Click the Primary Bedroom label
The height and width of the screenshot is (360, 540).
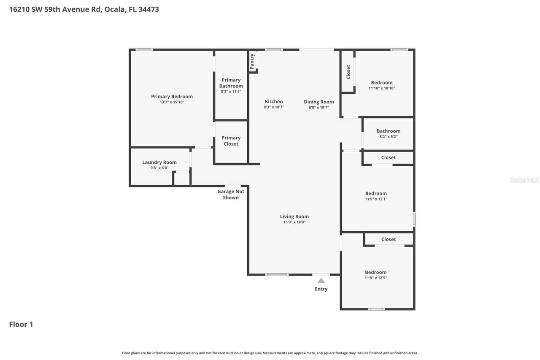click(x=172, y=97)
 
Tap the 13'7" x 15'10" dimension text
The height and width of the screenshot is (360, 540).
click(x=172, y=102)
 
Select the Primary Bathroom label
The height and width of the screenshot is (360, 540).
click(x=231, y=83)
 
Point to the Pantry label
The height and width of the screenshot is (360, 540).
click(x=252, y=62)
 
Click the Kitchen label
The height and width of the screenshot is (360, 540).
click(x=273, y=101)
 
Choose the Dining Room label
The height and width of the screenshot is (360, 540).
click(x=319, y=102)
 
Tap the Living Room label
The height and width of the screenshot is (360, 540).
click(x=294, y=217)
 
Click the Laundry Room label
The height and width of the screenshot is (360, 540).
click(x=159, y=162)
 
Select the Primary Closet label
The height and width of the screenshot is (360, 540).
click(x=231, y=141)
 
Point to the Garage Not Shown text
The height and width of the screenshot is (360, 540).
click(x=231, y=195)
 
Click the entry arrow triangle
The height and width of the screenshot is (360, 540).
click(x=321, y=280)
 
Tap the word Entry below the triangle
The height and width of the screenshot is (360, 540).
click(x=321, y=289)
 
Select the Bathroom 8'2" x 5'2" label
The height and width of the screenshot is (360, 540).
click(x=388, y=131)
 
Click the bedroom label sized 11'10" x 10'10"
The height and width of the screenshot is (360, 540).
click(x=381, y=83)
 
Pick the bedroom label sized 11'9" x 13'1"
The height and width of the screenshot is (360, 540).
click(x=375, y=193)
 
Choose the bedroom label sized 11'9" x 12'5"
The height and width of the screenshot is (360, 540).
click(x=375, y=272)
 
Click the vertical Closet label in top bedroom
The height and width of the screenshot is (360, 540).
click(x=348, y=72)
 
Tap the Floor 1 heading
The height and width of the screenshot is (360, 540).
click(x=21, y=324)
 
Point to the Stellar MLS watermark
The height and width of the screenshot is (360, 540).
click(x=524, y=180)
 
